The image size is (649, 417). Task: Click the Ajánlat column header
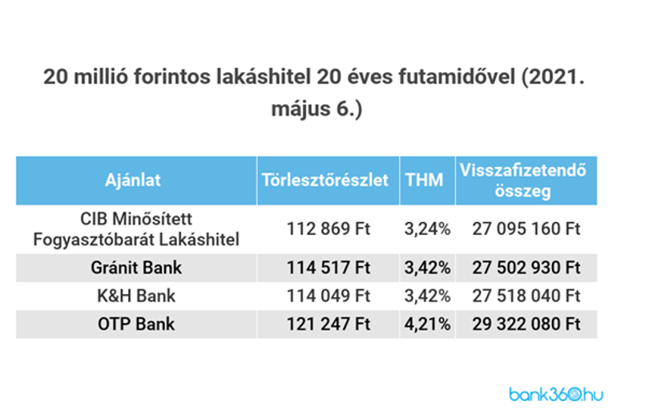133,180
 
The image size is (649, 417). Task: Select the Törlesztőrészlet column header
325,180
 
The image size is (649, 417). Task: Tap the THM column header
424,180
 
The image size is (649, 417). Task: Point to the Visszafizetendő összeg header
523,180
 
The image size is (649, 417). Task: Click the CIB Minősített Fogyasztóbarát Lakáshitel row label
136,229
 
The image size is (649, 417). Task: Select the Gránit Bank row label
136,268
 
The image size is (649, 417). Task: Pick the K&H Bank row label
136,296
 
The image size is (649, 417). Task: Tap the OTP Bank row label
136,324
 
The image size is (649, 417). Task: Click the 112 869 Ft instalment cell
329,229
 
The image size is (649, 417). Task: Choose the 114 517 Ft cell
329,268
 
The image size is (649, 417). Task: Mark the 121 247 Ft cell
329,324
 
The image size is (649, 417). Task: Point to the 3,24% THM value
427,229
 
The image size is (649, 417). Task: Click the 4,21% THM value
427,324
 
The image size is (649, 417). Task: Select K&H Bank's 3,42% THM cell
427,296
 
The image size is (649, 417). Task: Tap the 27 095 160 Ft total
526,229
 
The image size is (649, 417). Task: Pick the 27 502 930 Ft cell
526,268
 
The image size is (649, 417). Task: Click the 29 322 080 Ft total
526,324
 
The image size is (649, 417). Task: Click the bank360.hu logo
556,394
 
